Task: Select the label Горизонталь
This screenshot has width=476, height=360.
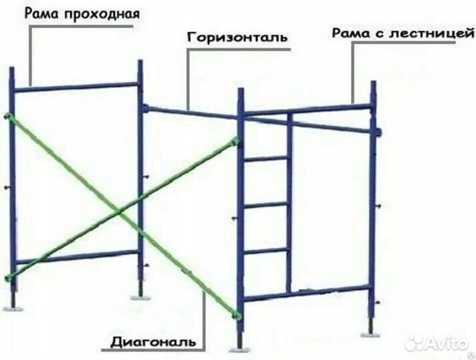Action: (237, 37)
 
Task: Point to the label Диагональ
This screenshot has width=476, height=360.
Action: (153, 342)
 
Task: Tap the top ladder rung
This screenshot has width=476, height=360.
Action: (265, 159)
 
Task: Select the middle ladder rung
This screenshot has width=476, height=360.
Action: (265, 205)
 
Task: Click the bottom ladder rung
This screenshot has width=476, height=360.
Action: (265, 251)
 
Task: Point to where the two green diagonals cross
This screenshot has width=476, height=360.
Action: (119, 211)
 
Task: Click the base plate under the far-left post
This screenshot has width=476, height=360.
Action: (13, 309)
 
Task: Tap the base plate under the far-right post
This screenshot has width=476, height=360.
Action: (371, 335)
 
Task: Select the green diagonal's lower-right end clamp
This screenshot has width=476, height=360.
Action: (237, 316)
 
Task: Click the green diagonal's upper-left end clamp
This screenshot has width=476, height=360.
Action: (8, 116)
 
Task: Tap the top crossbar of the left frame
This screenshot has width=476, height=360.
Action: (76, 87)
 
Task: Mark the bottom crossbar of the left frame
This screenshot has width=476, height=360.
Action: (77, 257)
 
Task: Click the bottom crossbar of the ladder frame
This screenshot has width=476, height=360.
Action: (306, 293)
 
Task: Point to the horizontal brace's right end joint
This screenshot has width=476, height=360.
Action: (377, 132)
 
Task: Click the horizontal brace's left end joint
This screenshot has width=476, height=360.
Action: (145, 108)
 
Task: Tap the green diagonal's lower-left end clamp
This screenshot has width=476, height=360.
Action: (9, 277)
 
